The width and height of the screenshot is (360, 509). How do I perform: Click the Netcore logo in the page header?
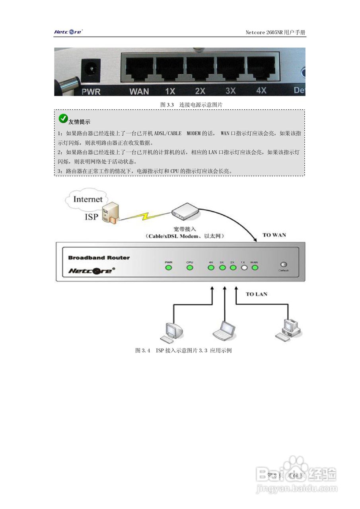click(x=68, y=32)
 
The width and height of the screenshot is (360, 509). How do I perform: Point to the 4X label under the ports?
click(x=261, y=90)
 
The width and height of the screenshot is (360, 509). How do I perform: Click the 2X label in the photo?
click(x=200, y=91)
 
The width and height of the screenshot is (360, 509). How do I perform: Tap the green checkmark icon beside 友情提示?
click(x=63, y=118)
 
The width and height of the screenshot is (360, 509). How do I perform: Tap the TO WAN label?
click(x=274, y=235)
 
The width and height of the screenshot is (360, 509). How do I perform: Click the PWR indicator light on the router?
click(x=168, y=268)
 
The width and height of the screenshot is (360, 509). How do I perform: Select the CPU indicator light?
click(x=190, y=268)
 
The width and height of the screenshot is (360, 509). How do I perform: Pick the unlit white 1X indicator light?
click(x=244, y=268)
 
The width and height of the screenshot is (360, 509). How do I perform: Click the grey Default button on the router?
click(x=284, y=265)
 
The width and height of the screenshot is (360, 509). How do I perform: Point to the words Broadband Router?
click(x=99, y=258)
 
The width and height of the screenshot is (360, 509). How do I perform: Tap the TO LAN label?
click(x=256, y=294)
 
